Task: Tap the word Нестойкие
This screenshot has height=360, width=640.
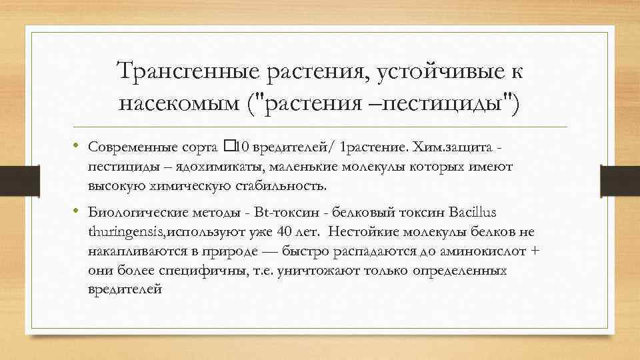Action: pos(361,232)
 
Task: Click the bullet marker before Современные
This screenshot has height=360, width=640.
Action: pos(77,145)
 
